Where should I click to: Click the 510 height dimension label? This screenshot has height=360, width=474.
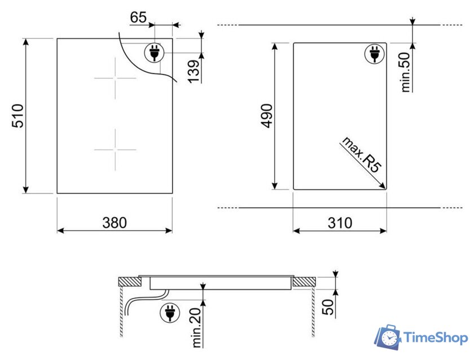click(x=17, y=116)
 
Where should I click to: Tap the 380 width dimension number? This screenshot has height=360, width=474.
click(x=115, y=223)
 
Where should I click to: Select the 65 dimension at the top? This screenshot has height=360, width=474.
click(x=138, y=17)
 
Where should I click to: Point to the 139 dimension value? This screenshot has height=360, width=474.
click(x=194, y=71)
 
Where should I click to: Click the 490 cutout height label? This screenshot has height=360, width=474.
click(x=266, y=116)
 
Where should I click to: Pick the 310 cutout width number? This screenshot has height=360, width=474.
click(x=340, y=223)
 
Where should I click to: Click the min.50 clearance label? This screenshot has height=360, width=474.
click(x=405, y=72)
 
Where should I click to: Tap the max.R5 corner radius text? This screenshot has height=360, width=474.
click(x=362, y=155)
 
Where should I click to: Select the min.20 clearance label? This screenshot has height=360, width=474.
click(x=196, y=328)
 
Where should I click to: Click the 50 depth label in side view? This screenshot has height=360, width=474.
click(x=328, y=307)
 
